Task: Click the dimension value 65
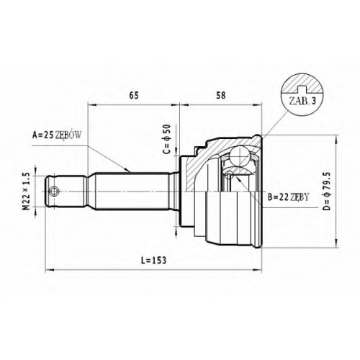(134, 96)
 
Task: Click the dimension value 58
(221, 96)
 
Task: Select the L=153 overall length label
(154, 261)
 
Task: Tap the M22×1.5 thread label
(27, 192)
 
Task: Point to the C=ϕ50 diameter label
(166, 139)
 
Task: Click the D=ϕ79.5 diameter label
(327, 192)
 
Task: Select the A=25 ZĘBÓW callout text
(57, 135)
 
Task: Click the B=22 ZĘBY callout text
(288, 197)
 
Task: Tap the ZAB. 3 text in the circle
(302, 102)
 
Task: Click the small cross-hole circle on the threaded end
(53, 192)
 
